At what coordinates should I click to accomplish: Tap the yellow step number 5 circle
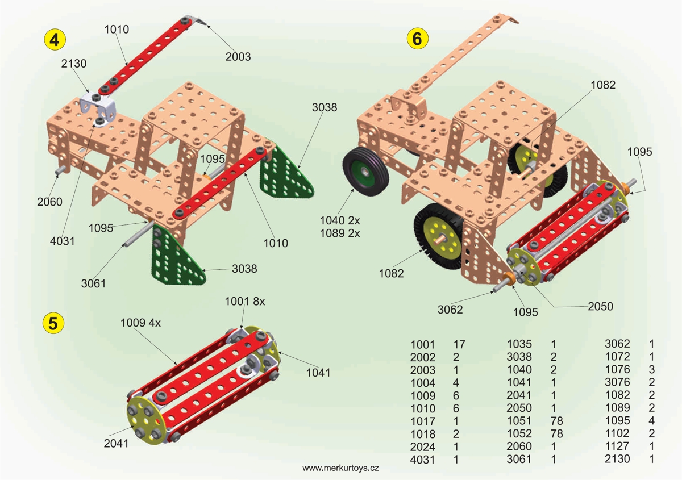53,323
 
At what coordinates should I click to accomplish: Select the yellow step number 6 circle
417,39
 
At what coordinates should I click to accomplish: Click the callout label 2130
74,64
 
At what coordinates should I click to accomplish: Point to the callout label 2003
238,56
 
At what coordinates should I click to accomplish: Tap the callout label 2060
49,201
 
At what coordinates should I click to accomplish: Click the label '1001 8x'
245,302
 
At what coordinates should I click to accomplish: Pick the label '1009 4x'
140,323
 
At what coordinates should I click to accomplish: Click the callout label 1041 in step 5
318,373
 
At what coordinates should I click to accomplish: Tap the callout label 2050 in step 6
601,306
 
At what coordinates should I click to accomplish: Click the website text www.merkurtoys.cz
340,468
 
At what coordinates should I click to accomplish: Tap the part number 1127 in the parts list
617,446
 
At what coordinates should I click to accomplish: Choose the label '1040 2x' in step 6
339,220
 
